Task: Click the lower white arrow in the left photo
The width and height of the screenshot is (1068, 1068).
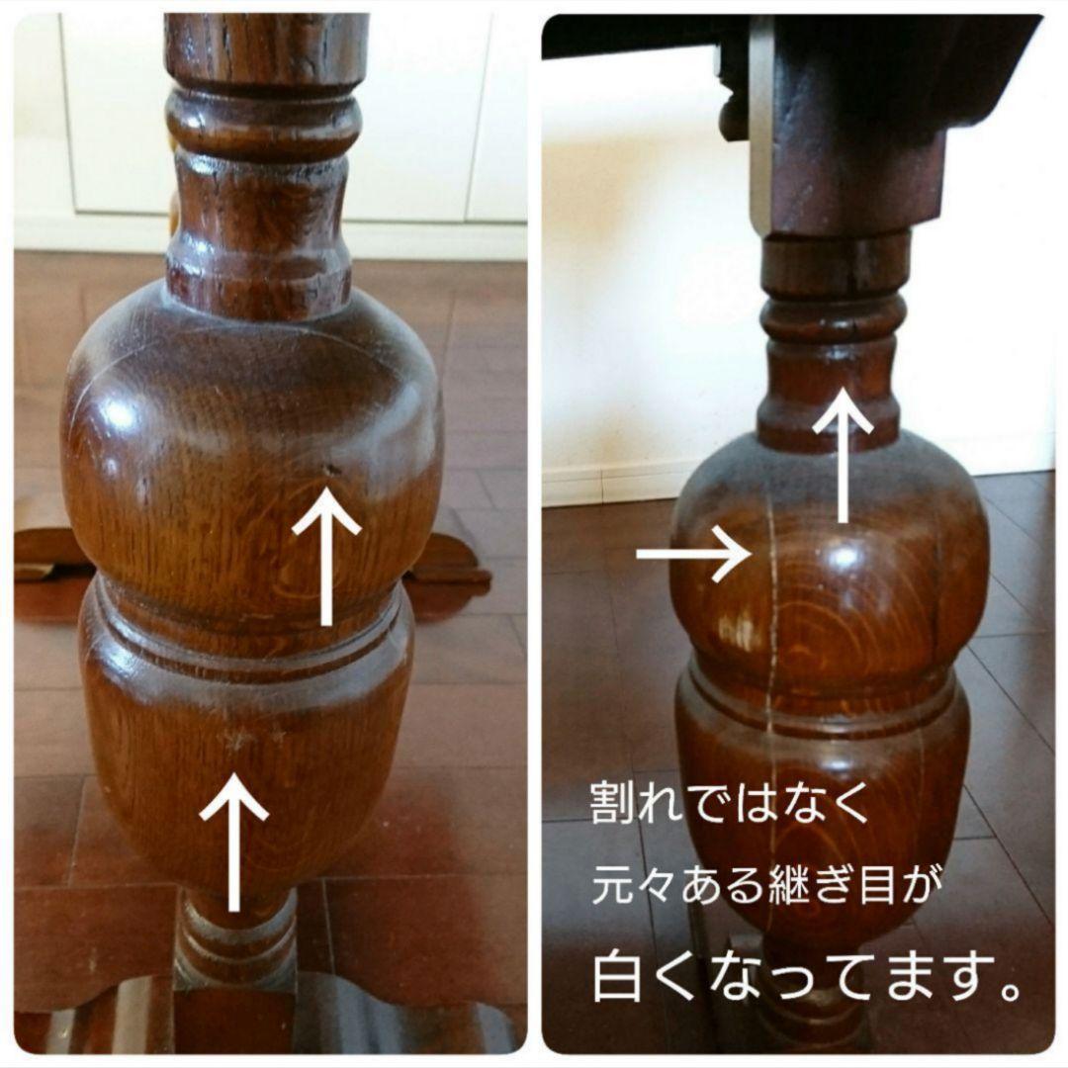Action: pos(233,841)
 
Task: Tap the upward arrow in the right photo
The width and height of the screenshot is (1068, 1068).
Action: pos(843,455)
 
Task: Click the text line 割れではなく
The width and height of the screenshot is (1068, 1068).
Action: pos(730,803)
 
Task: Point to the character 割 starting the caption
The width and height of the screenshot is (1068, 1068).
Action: pos(611,803)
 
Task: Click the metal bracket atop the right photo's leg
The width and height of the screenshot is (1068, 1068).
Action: pos(761,129)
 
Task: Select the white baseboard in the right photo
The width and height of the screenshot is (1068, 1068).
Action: pos(603,485)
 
